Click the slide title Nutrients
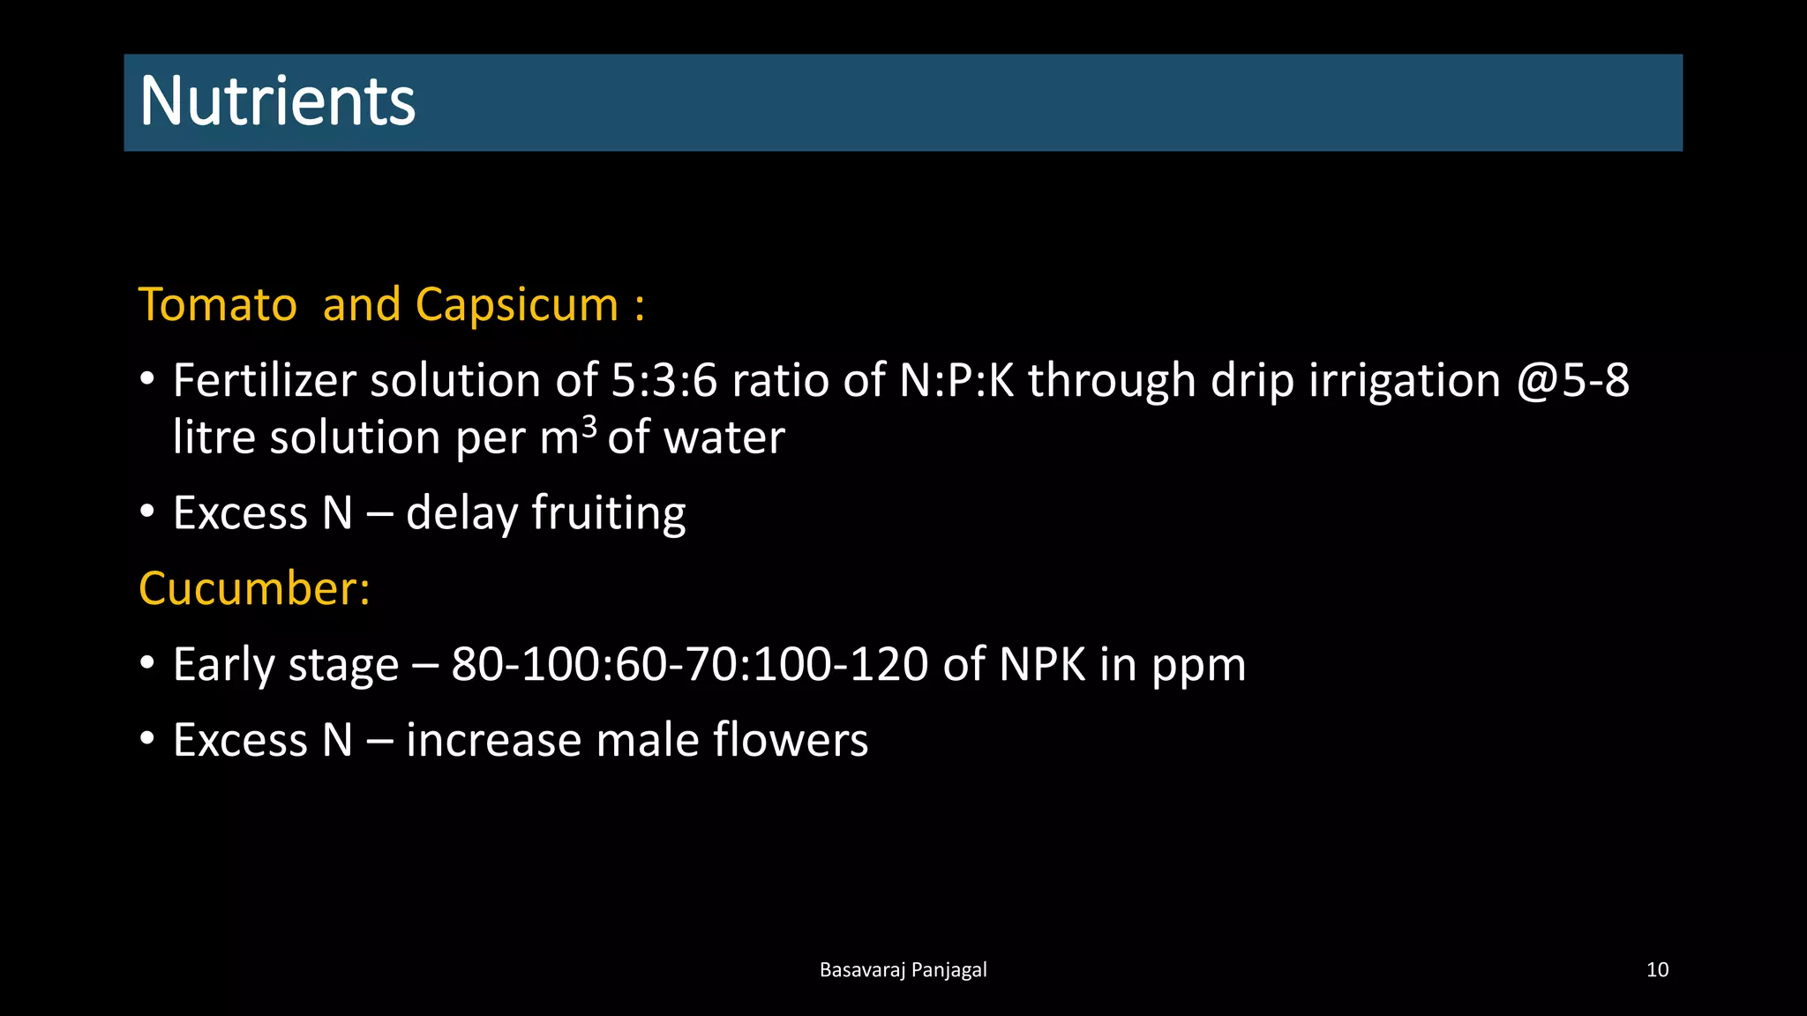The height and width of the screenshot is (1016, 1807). pos(277,101)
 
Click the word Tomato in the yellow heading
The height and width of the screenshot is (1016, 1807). pos(218,305)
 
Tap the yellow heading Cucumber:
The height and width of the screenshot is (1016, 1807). pos(254,588)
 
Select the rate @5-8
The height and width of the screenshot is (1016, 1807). pos(1573,381)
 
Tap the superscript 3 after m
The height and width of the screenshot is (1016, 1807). pos(589,426)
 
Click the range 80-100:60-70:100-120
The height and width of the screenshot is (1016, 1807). pos(690,664)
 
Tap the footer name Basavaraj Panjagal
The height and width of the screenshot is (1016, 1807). pos(903,970)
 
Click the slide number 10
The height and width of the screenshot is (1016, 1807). pos(1657,970)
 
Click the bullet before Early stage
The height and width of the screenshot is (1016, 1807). pos(147,664)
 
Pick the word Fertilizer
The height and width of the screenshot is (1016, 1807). pos(264,381)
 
